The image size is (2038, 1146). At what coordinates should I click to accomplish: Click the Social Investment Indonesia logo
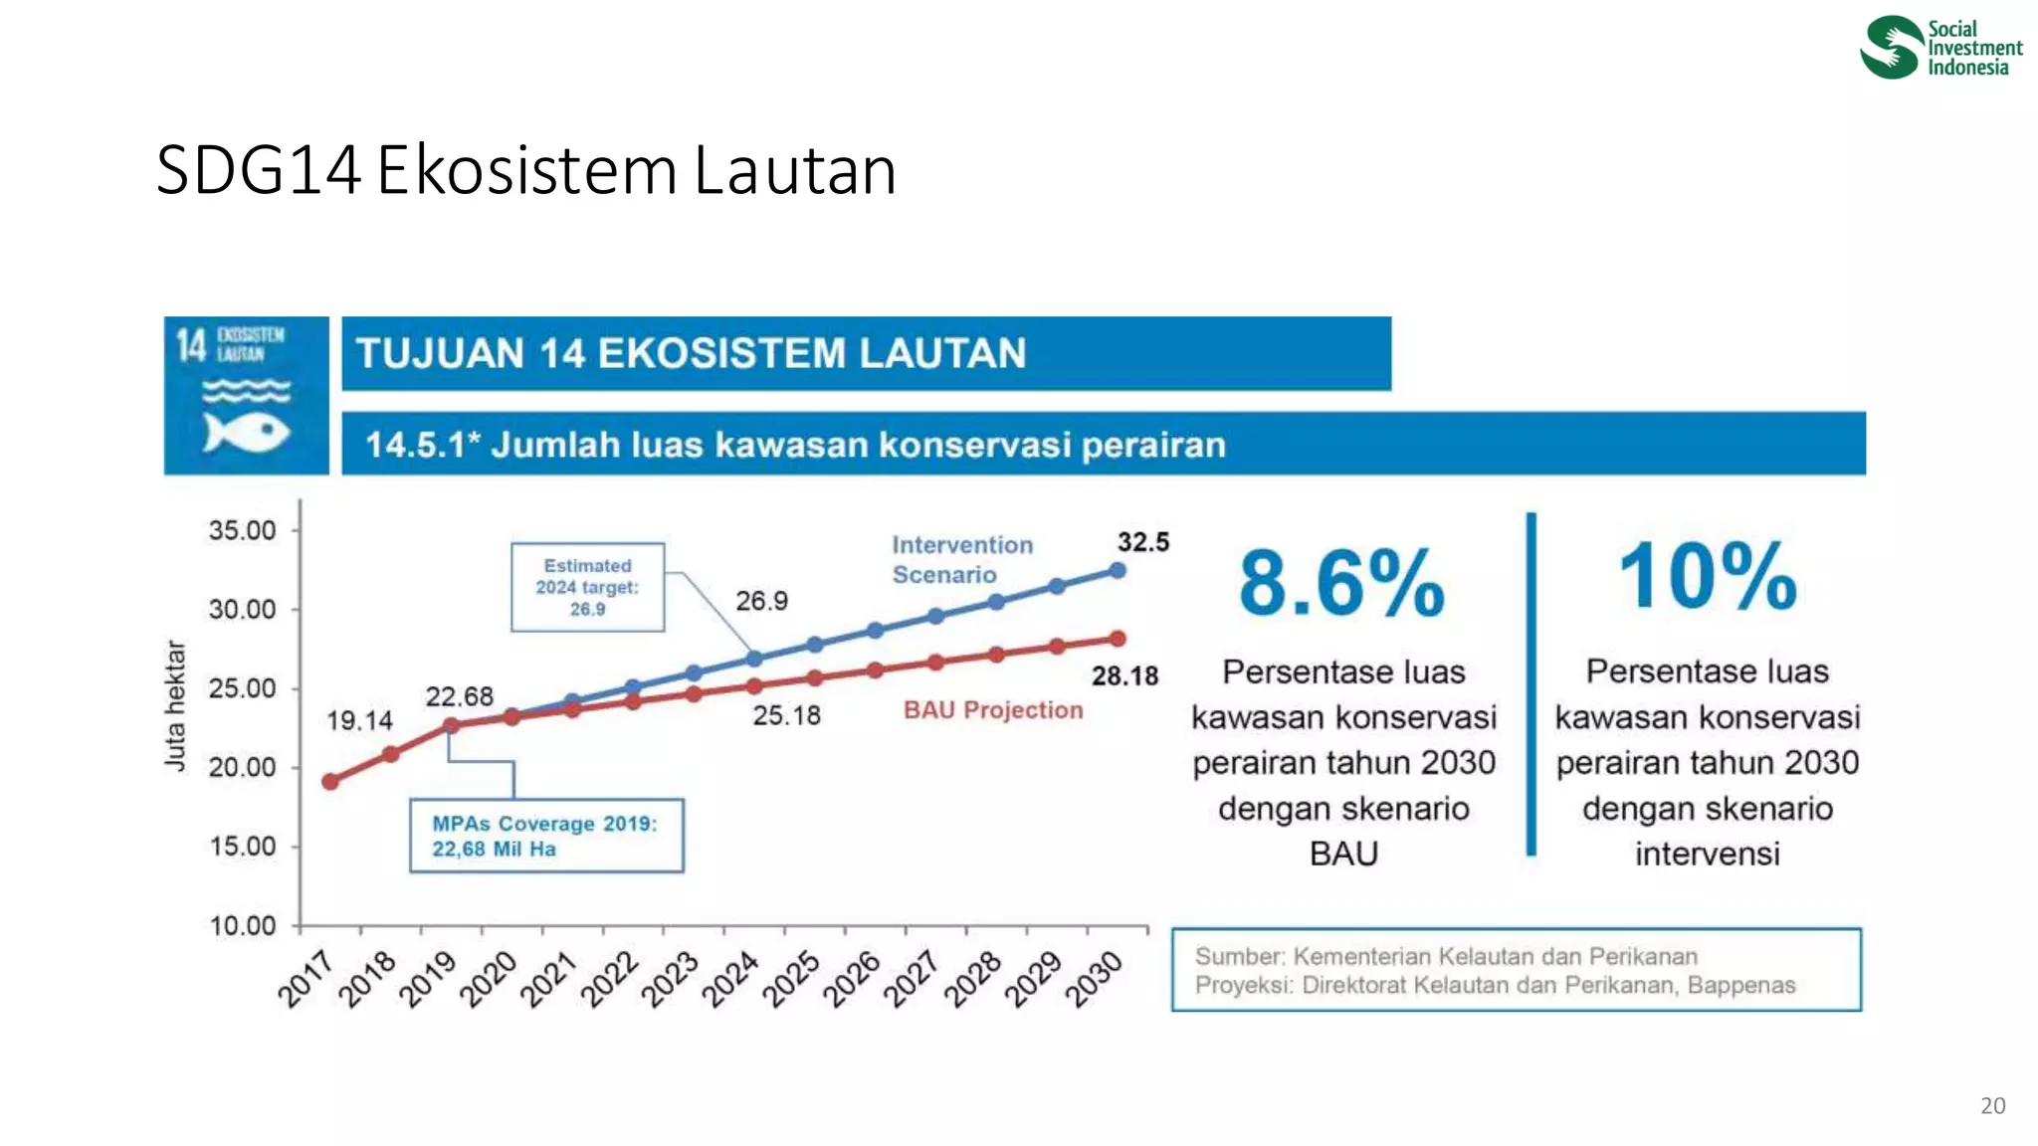[1939, 47]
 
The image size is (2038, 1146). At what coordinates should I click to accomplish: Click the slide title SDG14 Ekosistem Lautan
[526, 170]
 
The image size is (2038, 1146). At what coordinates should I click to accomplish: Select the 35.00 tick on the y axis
[243, 530]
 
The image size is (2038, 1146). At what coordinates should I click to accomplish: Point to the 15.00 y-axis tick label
[243, 847]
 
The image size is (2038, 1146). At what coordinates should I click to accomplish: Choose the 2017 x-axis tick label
[306, 978]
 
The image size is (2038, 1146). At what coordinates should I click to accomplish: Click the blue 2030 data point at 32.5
[1118, 571]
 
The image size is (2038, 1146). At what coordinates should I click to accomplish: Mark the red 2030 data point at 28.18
[1118, 639]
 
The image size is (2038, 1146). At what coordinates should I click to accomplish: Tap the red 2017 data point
[330, 782]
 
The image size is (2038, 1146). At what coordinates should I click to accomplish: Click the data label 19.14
[359, 720]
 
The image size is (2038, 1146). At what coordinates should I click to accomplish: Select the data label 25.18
[786, 715]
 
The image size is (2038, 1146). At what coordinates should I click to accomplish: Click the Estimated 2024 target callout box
[587, 587]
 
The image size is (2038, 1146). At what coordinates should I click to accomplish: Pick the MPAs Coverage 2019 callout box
[546, 836]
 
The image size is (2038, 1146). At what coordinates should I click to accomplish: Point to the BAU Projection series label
[992, 710]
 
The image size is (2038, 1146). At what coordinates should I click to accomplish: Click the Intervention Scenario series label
[961, 560]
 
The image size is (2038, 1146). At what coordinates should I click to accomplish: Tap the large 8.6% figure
[1341, 584]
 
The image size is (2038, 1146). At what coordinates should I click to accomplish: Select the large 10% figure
[1707, 577]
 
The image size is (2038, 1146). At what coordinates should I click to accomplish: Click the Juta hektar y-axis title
[175, 705]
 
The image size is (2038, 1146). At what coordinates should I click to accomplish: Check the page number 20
[1992, 1105]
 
